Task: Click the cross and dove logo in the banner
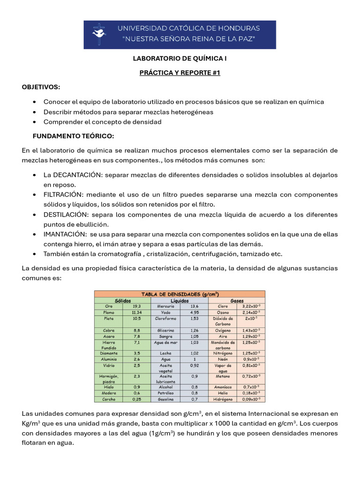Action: pyautogui.click(x=99, y=35)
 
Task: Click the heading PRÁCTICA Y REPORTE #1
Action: pyautogui.click(x=180, y=73)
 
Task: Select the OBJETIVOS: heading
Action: pyautogui.click(x=41, y=87)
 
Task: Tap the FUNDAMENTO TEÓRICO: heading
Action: pyautogui.click(x=73, y=136)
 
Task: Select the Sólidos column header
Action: pyautogui.click(x=123, y=300)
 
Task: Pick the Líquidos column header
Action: pyautogui.click(x=180, y=300)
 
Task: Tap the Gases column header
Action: pyautogui.click(x=237, y=300)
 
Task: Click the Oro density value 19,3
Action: pyautogui.click(x=137, y=306)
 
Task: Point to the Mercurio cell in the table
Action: pyautogui.click(x=165, y=306)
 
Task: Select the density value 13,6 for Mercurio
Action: pyautogui.click(x=194, y=306)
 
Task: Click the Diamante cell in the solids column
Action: pyautogui.click(x=108, y=353)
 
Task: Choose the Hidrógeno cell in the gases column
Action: pyautogui.click(x=223, y=399)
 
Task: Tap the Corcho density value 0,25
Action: pyautogui.click(x=137, y=399)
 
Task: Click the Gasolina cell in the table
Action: pyautogui.click(x=165, y=399)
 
